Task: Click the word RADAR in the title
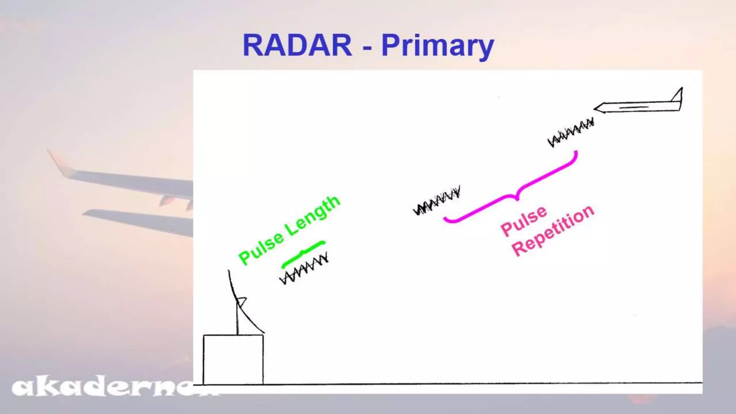coord(297,45)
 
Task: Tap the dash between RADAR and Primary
coord(367,47)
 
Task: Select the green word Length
coord(313,215)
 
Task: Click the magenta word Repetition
coord(553,230)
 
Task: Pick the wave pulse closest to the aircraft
coord(571,132)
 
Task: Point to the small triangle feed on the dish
coord(241,301)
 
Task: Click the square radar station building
coord(233,359)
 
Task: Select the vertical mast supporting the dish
coord(238,320)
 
